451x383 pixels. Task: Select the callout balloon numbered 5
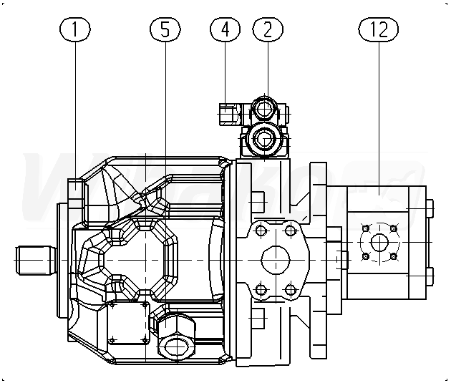[165, 29]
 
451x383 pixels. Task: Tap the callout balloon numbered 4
[225, 29]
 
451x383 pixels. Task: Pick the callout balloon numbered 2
[267, 29]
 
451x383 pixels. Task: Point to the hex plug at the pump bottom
[175, 347]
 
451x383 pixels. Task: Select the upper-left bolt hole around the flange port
[259, 230]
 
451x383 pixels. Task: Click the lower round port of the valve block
[266, 138]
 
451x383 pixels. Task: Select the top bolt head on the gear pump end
[429, 208]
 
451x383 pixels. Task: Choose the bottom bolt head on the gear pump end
[429, 275]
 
